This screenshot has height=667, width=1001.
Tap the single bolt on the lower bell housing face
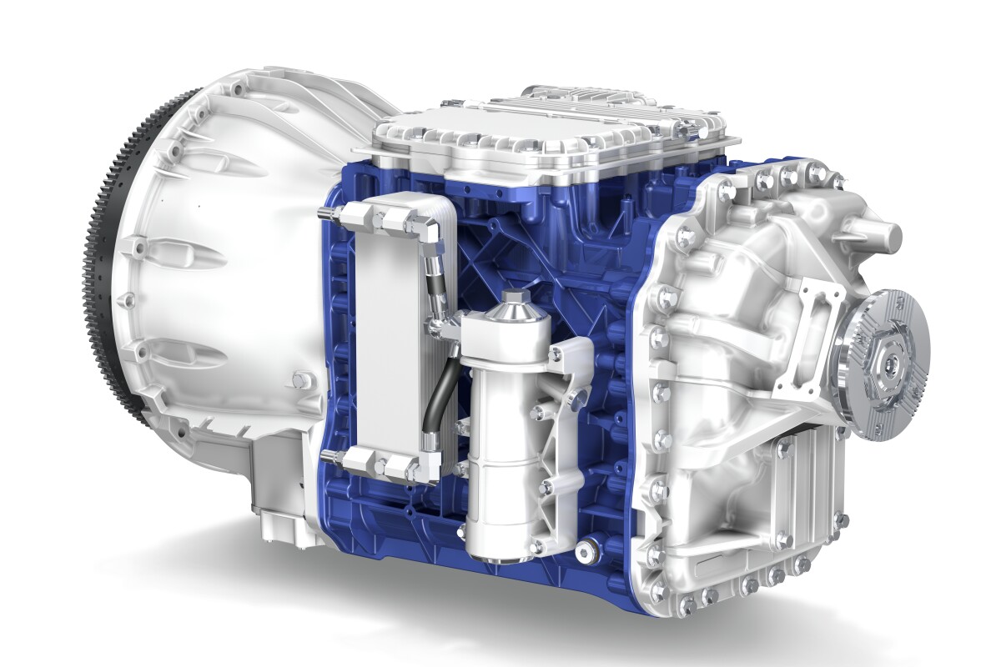point(297,381)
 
